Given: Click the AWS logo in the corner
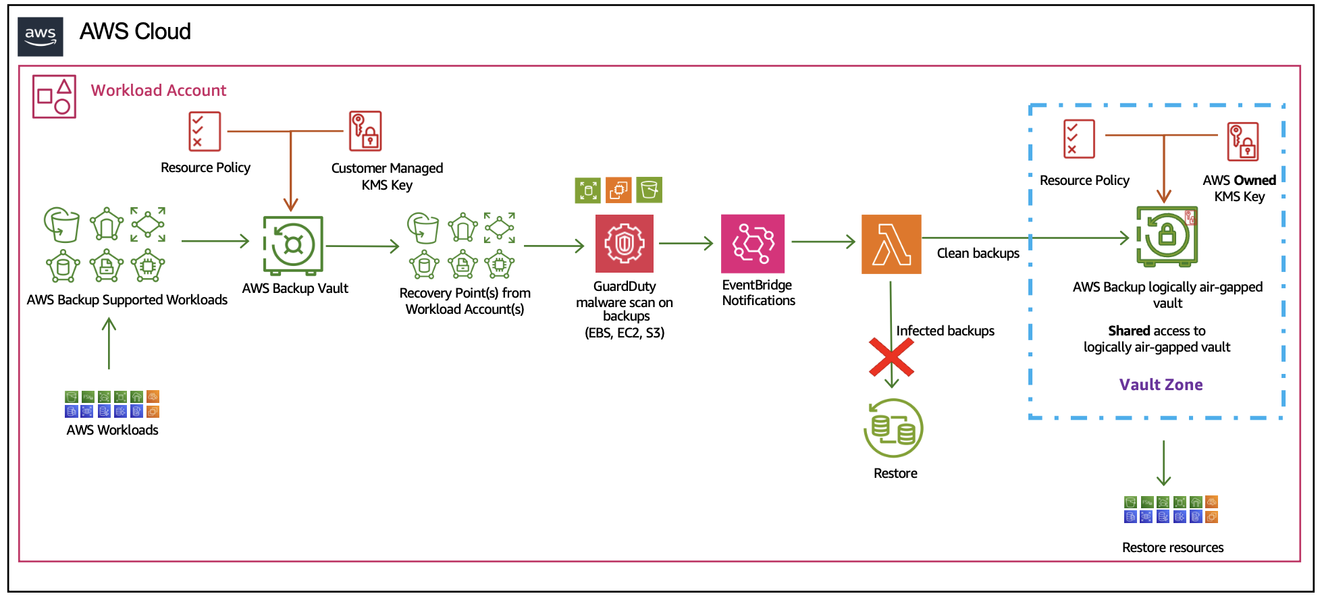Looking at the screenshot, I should click(x=41, y=36).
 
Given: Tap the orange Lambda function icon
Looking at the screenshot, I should click(x=891, y=244).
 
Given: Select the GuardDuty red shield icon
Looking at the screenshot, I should click(x=625, y=243).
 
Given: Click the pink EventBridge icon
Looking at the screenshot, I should click(x=753, y=243).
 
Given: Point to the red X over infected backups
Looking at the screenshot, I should click(x=891, y=358).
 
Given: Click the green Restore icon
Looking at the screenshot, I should click(x=893, y=429).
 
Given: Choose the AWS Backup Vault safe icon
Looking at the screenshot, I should click(x=293, y=245).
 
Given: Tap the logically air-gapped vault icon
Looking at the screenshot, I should click(x=1167, y=236).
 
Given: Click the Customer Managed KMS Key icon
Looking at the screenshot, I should click(x=365, y=131).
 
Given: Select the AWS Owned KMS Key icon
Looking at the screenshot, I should click(x=1243, y=141).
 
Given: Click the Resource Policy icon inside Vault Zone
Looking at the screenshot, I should click(x=1079, y=139).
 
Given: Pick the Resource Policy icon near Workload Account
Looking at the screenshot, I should click(x=205, y=131).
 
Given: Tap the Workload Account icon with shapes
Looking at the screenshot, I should click(x=54, y=97).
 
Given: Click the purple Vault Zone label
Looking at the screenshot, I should click(x=1161, y=385).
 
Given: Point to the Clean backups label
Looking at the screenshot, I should click(x=978, y=253).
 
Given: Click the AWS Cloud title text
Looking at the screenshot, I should click(x=135, y=31).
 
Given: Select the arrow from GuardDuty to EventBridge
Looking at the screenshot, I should click(x=685, y=244).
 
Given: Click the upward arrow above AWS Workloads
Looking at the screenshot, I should click(x=109, y=344).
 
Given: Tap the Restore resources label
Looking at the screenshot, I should click(x=1172, y=547).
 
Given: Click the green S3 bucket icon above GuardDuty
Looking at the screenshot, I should click(x=649, y=190).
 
